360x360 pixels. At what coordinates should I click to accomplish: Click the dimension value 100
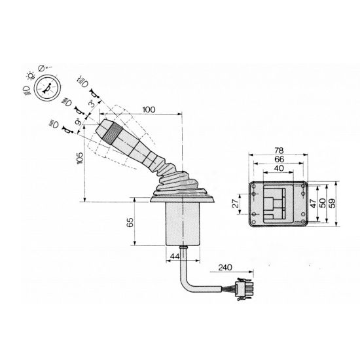tap(149, 109)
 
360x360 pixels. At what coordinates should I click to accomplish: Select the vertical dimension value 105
tap(79, 158)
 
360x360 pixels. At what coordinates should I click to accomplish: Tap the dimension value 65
tap(130, 223)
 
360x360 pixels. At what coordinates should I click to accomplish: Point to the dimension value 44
tap(175, 256)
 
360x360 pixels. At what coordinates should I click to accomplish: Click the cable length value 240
tap(225, 268)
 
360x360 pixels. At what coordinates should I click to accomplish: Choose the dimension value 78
tap(279, 151)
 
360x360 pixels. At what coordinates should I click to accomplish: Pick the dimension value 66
tap(279, 159)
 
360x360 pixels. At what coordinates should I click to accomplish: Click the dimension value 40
tap(279, 168)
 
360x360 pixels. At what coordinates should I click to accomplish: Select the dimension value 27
tap(236, 204)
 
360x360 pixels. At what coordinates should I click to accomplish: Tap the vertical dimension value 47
tap(313, 204)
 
